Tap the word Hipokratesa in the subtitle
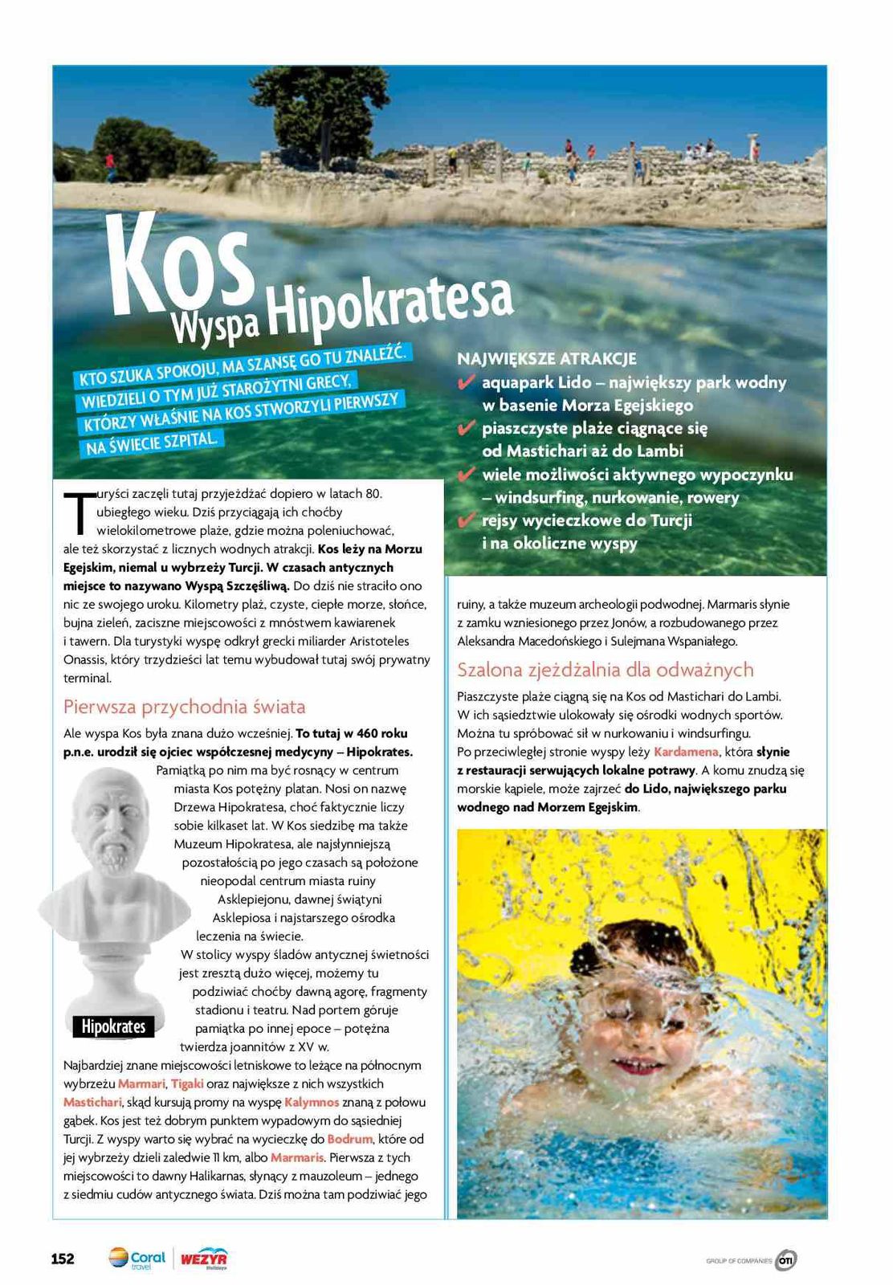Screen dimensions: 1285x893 click(390, 309)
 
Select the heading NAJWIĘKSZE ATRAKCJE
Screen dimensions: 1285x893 click(547, 358)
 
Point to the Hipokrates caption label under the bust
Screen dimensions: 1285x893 click(113, 1026)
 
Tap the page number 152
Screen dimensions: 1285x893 click(63, 1258)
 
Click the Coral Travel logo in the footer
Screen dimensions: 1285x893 click(137, 1258)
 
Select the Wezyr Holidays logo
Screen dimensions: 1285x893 click(203, 1258)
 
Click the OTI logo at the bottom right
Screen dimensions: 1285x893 click(786, 1260)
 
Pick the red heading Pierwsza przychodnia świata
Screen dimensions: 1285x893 click(184, 707)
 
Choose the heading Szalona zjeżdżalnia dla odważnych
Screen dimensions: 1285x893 click(605, 669)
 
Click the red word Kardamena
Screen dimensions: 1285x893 click(686, 752)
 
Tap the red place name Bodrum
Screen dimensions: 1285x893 click(350, 1139)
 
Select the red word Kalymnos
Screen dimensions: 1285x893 click(312, 1102)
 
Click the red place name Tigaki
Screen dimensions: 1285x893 click(187, 1083)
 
